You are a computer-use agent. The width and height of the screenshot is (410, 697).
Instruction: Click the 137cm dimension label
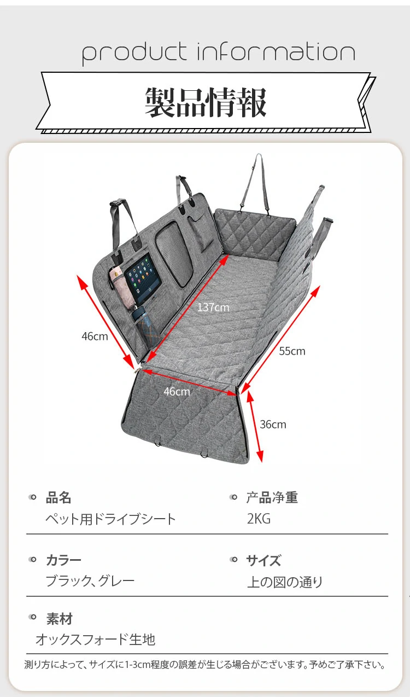213,307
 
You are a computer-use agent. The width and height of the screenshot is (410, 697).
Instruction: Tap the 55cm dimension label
292,351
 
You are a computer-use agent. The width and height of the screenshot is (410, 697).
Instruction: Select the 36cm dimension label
273,425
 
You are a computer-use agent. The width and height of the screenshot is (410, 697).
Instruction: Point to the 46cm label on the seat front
177,392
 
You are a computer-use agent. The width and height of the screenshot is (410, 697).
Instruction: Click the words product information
219,53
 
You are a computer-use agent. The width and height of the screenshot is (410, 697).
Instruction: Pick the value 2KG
259,519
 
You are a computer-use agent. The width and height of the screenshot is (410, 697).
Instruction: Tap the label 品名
58,498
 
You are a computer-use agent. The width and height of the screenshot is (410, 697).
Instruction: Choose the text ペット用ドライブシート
110,519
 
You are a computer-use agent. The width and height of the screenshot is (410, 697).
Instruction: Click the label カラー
63,560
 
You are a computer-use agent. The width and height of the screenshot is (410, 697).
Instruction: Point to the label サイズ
263,560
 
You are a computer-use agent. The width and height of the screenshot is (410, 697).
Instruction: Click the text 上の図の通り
285,582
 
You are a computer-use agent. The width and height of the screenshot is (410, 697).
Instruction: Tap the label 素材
59,619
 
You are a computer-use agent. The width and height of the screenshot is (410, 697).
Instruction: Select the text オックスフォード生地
95,640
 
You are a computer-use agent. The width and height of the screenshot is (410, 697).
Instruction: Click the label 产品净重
272,498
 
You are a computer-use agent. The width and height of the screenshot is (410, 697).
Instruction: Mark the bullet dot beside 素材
33,618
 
